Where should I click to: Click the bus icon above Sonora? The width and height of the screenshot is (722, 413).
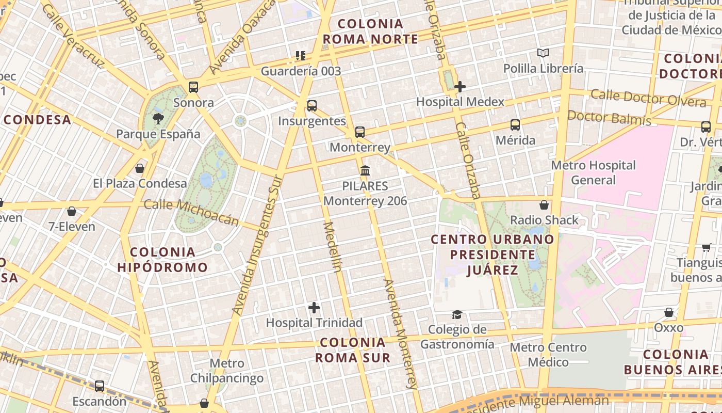(x=193, y=87)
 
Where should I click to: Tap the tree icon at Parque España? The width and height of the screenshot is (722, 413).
(x=158, y=119)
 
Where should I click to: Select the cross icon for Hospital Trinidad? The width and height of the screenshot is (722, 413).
(x=314, y=308)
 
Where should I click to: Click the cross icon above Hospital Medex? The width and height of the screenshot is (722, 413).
(x=460, y=87)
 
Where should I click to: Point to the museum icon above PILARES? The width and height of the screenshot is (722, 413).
(x=365, y=170)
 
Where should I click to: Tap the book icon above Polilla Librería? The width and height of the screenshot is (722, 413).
(x=543, y=53)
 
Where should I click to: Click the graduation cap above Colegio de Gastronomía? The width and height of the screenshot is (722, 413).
(x=457, y=314)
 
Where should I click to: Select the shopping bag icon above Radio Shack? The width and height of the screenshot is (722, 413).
(x=544, y=205)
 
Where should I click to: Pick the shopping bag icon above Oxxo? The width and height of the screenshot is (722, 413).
(x=668, y=312)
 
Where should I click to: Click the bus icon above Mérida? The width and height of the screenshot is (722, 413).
(x=515, y=124)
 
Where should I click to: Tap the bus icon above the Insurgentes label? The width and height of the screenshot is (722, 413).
(x=311, y=105)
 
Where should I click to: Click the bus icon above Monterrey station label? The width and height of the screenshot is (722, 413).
(x=360, y=132)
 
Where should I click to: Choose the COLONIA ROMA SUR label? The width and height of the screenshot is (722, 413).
(x=353, y=350)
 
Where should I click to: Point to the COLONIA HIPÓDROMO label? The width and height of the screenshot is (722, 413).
(x=162, y=260)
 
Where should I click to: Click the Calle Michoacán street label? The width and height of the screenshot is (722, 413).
(x=191, y=212)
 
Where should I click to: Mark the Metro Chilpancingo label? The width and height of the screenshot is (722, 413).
(x=227, y=371)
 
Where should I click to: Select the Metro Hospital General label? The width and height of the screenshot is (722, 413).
(x=593, y=172)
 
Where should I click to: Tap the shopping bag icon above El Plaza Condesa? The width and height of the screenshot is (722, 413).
(x=139, y=168)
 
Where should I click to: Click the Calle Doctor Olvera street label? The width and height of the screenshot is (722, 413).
(x=648, y=98)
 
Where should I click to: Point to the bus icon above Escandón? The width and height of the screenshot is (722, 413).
(x=99, y=386)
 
